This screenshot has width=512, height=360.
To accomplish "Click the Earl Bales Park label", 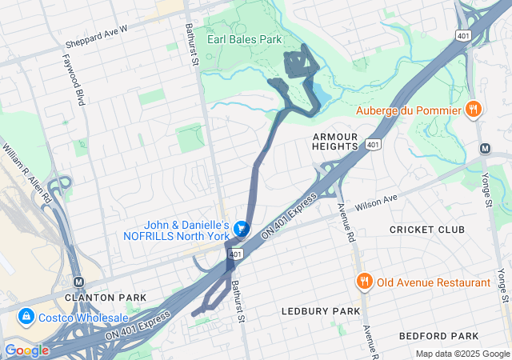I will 244,38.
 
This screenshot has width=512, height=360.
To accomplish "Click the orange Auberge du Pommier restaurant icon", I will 474,110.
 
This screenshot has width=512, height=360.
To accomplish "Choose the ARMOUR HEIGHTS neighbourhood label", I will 335,142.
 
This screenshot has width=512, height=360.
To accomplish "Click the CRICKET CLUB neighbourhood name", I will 426,230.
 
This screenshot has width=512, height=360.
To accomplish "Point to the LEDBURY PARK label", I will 320,310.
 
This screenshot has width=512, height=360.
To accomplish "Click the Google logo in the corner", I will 26,350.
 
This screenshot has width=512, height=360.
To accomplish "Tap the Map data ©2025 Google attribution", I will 462,354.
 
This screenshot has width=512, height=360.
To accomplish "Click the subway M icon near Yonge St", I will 485,149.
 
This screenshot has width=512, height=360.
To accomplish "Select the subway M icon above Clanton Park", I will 78,282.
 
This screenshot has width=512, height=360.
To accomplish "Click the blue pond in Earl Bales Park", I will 320,95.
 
